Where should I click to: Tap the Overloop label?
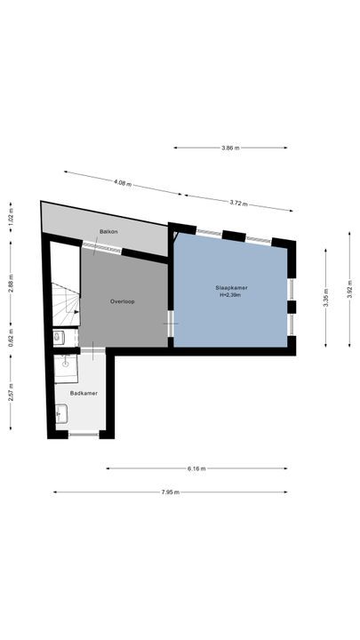[122, 300]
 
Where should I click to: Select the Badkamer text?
[84, 392]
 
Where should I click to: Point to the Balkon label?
[108, 231]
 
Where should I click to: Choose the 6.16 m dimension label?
[196, 468]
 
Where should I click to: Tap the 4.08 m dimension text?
[122, 183]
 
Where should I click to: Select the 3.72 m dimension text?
[237, 204]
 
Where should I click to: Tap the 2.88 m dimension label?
[11, 283]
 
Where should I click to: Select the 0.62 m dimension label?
[11, 338]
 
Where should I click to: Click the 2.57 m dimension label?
[11, 391]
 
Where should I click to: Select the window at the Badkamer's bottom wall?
[84, 434]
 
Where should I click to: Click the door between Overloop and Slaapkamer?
[172, 322]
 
